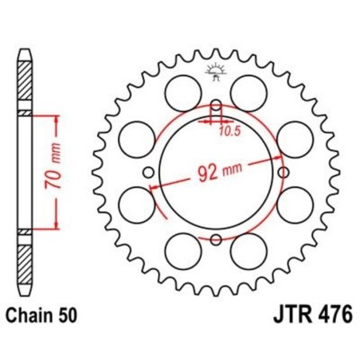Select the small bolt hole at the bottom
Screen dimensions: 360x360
point(216,238)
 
